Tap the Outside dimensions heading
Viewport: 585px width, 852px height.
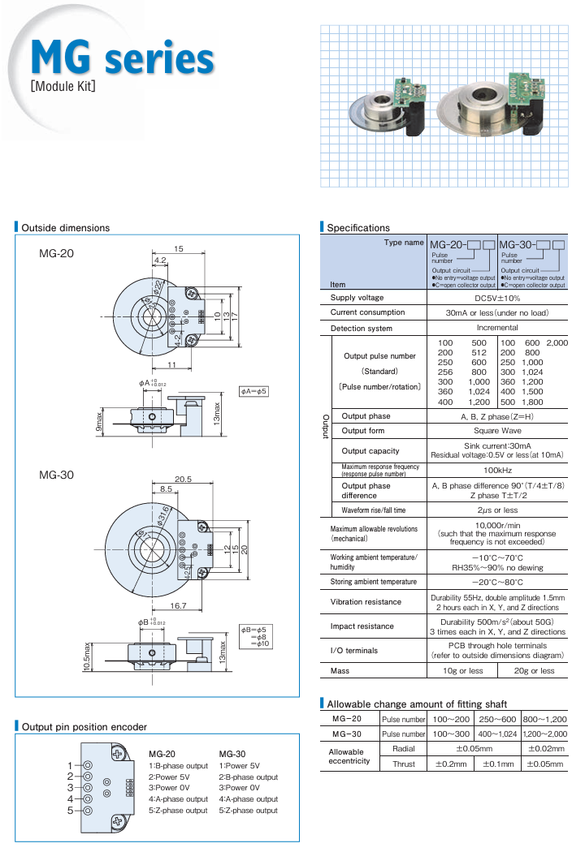point(65,228)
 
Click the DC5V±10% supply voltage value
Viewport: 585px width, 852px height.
point(496,298)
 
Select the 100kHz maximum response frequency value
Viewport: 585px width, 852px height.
point(496,470)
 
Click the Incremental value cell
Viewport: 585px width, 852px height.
point(496,328)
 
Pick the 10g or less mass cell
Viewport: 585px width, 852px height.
point(462,671)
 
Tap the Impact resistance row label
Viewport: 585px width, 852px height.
point(362,626)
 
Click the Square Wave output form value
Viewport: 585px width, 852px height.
point(496,431)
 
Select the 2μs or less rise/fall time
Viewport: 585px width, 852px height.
point(496,510)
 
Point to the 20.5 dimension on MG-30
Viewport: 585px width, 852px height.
point(182,480)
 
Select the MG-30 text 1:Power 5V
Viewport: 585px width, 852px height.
point(240,766)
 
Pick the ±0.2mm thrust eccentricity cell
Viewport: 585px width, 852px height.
point(451,764)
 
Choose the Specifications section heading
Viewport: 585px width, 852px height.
point(358,228)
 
